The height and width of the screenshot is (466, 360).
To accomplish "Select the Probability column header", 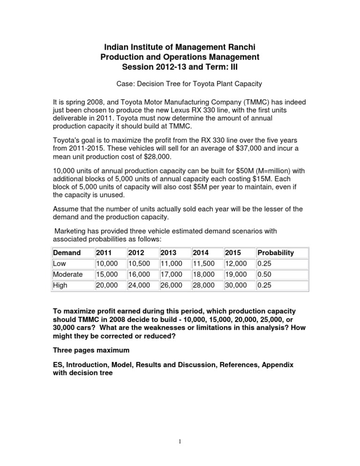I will tap(276, 253).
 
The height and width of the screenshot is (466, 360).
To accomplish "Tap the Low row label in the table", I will tap(60, 263).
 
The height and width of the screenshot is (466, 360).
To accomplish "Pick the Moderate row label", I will tap(67, 274).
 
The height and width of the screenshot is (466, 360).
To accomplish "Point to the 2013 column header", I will tap(168, 253).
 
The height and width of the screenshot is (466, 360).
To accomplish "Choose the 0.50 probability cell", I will tap(264, 274).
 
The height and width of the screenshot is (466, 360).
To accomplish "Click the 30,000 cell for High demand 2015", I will tap(236, 285).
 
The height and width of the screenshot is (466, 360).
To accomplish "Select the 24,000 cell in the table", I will tap(139, 285).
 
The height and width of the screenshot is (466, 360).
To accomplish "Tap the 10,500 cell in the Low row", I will tap(139, 263).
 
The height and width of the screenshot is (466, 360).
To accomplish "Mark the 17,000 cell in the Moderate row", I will tap(171, 274).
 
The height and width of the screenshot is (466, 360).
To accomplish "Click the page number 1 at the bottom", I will tap(180, 442).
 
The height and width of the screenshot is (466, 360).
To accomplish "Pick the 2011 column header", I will tap(104, 253).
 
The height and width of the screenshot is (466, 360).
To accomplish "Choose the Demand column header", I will tap(67, 253).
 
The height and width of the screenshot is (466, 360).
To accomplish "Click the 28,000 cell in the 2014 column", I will tap(203, 285).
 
